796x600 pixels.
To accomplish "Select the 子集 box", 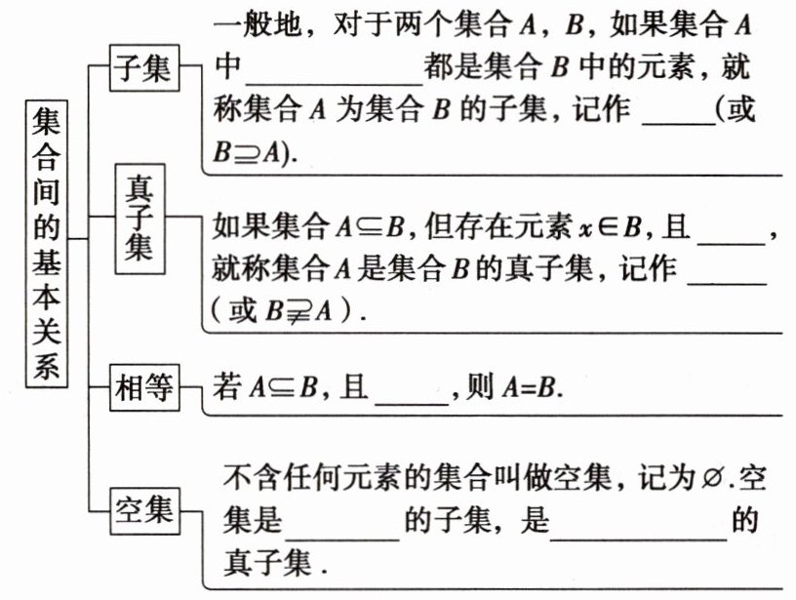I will [141, 67].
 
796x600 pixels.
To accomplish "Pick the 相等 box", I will [142, 388].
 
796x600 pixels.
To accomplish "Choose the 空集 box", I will [142, 509].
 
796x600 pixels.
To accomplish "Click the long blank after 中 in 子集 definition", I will [335, 75].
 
